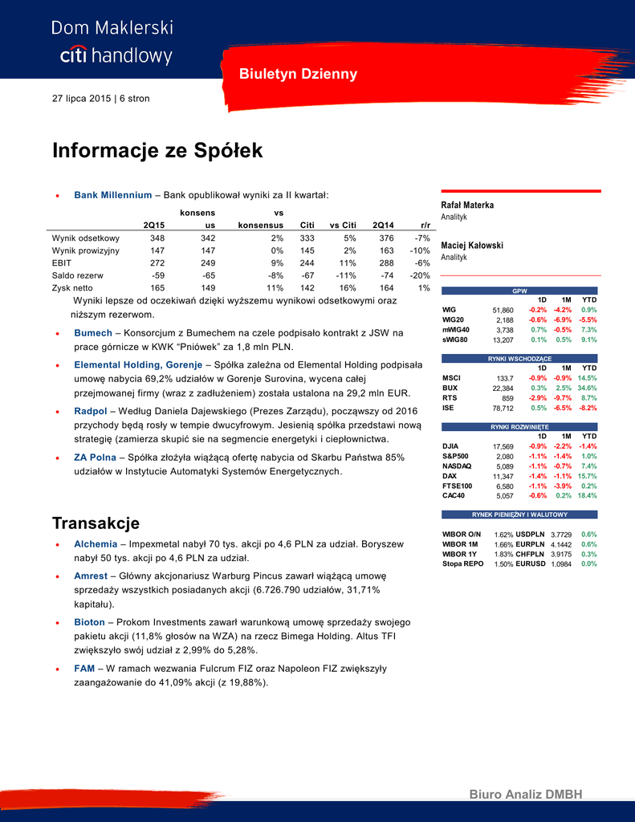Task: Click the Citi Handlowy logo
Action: point(112,42)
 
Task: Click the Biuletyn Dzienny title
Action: point(298,75)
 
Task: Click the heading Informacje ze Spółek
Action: point(157,151)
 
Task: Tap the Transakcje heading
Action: point(96,523)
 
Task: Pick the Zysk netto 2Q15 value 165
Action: point(157,287)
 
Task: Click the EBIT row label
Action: point(63,262)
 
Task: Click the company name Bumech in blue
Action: point(94,332)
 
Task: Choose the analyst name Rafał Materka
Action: point(467,205)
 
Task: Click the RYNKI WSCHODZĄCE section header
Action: point(519,358)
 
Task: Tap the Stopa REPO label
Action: point(463,564)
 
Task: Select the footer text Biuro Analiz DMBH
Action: point(526,795)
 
